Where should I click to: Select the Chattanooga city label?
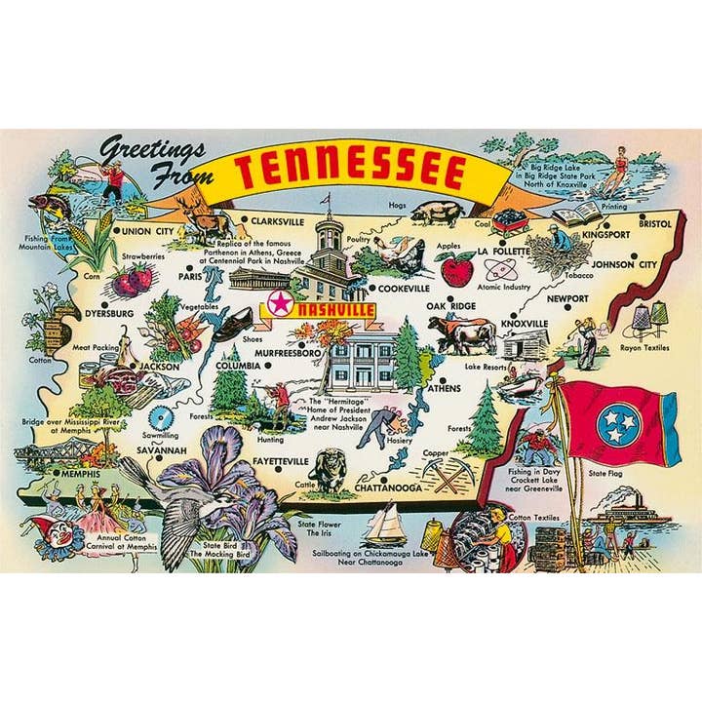389,487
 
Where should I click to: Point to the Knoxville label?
526,323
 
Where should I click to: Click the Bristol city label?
655,223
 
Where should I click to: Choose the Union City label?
148,231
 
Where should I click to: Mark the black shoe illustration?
228,325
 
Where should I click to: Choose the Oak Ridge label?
451,306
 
